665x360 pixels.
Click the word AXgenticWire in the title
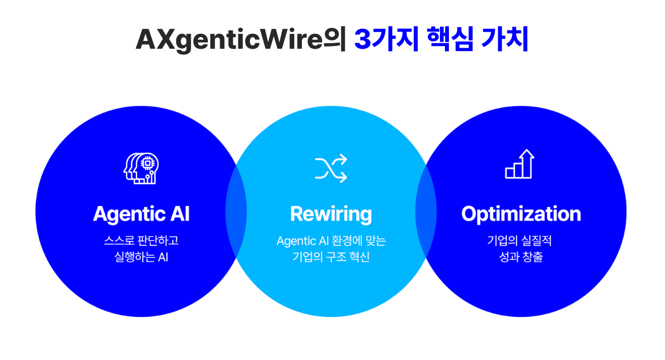(x=229, y=40)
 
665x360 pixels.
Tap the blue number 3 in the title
(x=363, y=39)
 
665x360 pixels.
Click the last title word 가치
(x=505, y=39)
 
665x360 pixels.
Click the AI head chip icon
(x=141, y=168)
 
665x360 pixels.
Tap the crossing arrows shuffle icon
(x=331, y=168)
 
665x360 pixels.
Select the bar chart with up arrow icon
(x=520, y=164)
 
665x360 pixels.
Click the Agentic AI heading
(x=141, y=214)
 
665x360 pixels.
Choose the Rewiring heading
(x=331, y=214)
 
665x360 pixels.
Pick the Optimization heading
(x=521, y=214)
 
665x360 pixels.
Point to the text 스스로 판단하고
(x=141, y=240)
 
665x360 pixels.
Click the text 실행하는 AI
(x=141, y=257)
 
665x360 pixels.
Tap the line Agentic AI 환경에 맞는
(x=331, y=241)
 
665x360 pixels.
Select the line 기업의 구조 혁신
(x=331, y=257)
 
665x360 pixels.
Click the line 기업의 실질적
(x=520, y=240)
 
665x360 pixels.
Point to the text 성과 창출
(x=521, y=257)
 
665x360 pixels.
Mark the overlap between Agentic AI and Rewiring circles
(x=236, y=212)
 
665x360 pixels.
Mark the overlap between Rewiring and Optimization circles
(x=426, y=212)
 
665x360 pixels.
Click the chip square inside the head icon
(x=147, y=163)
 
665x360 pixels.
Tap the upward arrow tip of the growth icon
(x=527, y=150)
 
